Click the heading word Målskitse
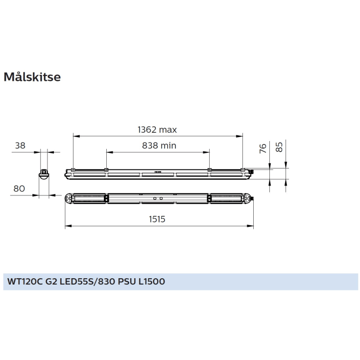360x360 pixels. (32, 77)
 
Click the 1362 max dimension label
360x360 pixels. (157, 130)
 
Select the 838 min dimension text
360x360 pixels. (159, 145)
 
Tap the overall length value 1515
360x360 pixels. (157, 219)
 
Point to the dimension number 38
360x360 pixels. (20, 145)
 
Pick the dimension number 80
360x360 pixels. (20, 188)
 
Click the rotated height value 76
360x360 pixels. (262, 148)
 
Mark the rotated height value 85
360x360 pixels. (279, 147)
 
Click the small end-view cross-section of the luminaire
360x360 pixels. (45, 173)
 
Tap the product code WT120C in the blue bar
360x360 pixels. (25, 282)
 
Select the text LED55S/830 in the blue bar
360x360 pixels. (88, 282)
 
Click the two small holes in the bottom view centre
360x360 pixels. (158, 198)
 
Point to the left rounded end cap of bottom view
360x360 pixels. (69, 198)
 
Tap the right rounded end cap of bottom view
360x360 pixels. (249, 198)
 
